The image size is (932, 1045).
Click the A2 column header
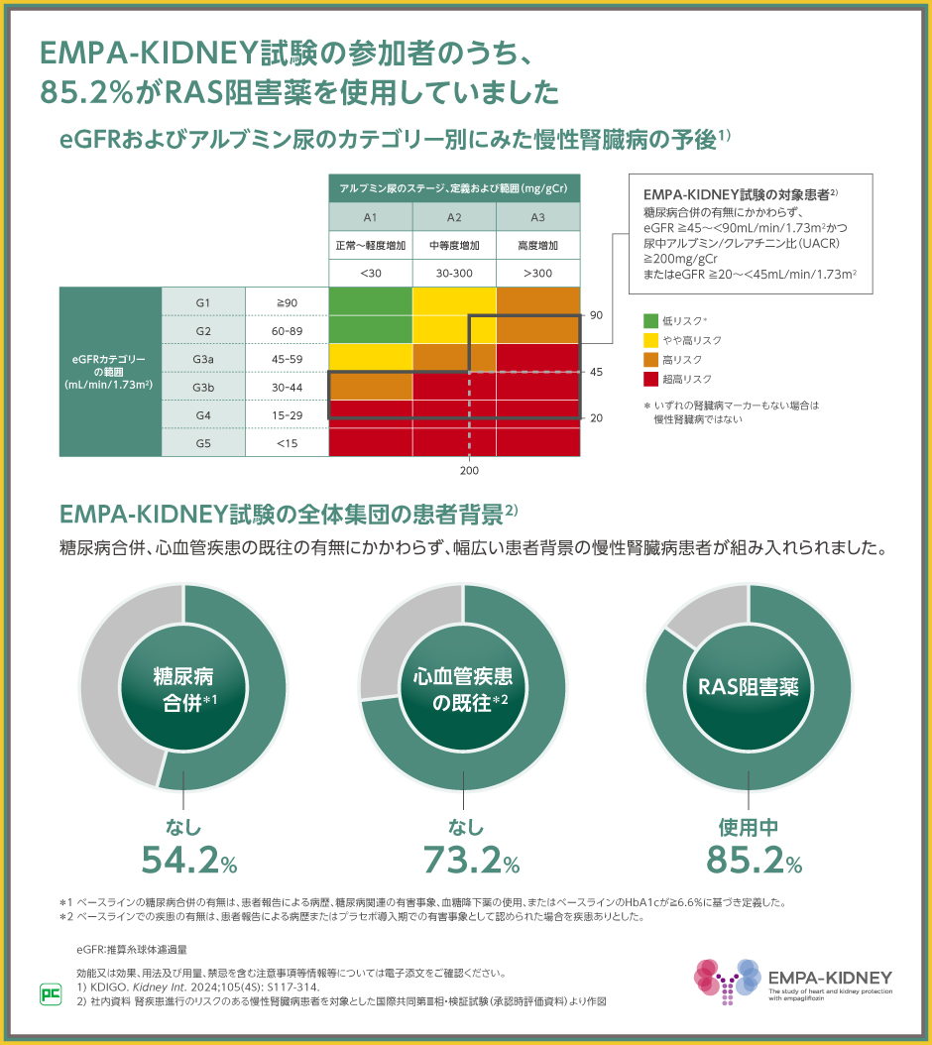454,217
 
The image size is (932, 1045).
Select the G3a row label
203,357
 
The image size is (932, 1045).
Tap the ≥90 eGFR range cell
287,301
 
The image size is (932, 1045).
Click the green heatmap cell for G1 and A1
370,301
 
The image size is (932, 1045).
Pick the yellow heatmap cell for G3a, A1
370,357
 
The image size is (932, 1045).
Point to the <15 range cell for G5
287,442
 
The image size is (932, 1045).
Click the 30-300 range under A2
454,272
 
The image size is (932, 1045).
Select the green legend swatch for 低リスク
650,320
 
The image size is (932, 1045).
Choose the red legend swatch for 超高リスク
650,379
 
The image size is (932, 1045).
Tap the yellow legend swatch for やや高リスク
650,340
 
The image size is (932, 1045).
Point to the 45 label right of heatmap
597,373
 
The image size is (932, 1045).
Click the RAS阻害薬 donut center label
749,687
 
